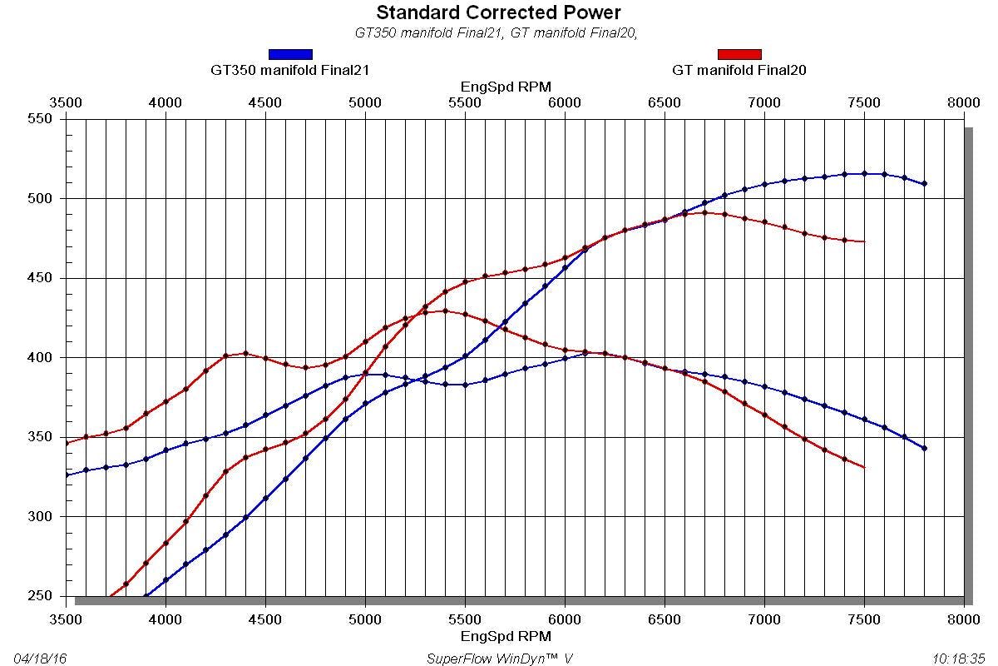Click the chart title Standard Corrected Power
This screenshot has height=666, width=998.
(x=498, y=12)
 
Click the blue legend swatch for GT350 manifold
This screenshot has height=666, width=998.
(x=290, y=54)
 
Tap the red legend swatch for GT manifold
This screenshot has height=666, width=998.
(x=739, y=54)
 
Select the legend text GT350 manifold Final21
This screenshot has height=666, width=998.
(x=289, y=70)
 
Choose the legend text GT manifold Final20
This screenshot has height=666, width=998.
(x=739, y=70)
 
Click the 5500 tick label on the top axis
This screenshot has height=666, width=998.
(x=465, y=102)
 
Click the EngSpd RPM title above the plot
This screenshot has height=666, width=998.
(x=506, y=87)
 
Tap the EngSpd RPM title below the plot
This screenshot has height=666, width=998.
(x=506, y=636)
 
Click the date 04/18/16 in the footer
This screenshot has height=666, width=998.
(x=40, y=659)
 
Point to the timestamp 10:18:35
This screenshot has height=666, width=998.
(x=957, y=659)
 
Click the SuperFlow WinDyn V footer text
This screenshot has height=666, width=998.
(x=499, y=659)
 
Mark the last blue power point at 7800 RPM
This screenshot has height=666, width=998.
(x=925, y=183)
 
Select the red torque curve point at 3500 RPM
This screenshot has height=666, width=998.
(x=67, y=443)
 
